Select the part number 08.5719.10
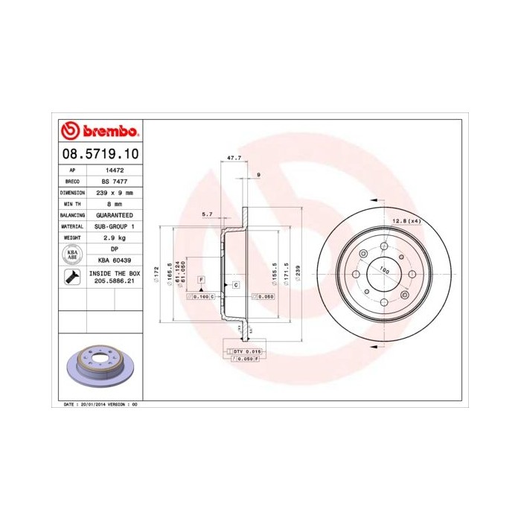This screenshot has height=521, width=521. tap(99, 155)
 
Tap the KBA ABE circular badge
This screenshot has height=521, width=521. tap(73, 254)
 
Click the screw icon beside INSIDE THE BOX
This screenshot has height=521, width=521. tap(73, 278)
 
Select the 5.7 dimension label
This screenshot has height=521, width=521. tap(208, 214)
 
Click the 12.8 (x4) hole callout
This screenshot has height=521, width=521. tap(406, 221)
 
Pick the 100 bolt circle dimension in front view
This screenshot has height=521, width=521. tap(384, 271)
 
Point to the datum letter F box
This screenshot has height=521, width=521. tap(201, 278)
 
